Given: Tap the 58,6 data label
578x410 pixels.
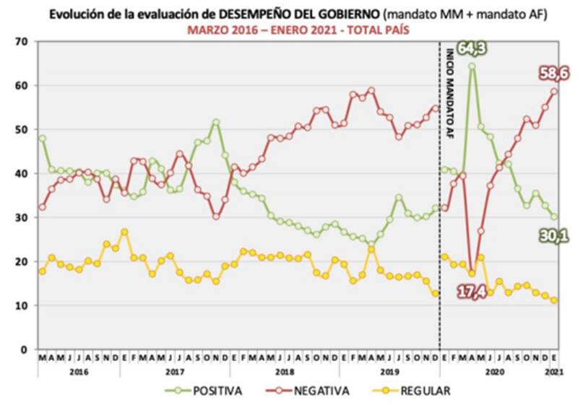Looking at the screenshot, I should [x=553, y=72].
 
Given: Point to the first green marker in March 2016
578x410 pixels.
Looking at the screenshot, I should [x=42, y=139].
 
